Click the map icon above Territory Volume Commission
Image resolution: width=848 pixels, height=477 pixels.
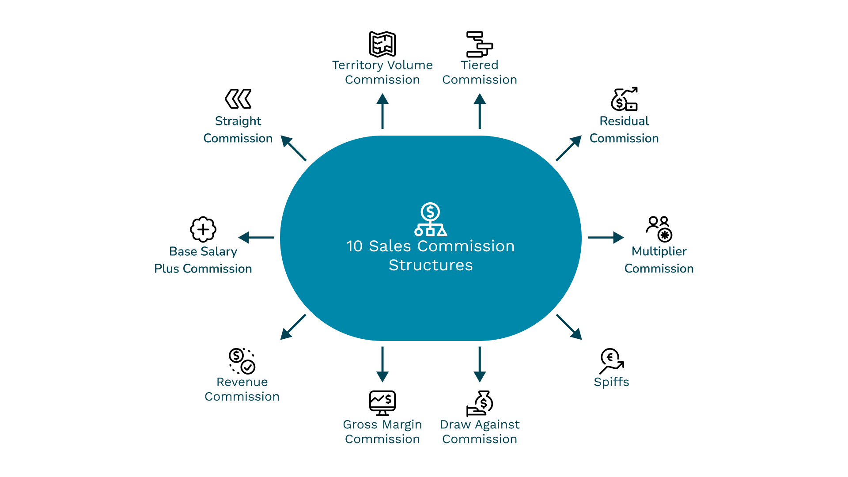pyautogui.click(x=382, y=44)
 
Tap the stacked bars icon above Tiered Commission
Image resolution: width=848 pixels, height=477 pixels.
pyautogui.click(x=480, y=44)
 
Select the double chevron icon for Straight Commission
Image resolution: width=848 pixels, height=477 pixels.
pyautogui.click(x=238, y=98)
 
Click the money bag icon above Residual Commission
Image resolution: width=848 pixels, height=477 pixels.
pyautogui.click(x=624, y=99)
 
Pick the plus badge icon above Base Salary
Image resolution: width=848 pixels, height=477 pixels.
pyautogui.click(x=203, y=229)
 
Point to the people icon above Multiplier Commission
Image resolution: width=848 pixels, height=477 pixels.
pyautogui.click(x=659, y=229)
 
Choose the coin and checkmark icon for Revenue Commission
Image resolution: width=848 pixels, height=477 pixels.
pyautogui.click(x=242, y=361)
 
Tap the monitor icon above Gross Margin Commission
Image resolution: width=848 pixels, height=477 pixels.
pyautogui.click(x=382, y=403)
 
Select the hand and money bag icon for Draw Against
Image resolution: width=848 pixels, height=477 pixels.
pyautogui.click(x=480, y=403)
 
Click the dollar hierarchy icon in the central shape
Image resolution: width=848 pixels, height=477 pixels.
pyautogui.click(x=431, y=219)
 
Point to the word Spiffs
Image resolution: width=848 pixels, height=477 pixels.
pyautogui.click(x=612, y=382)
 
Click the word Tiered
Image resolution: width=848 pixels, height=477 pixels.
pyautogui.click(x=480, y=65)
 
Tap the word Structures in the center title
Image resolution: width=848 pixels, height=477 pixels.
pyautogui.click(x=431, y=265)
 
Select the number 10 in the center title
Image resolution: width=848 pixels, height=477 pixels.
pyautogui.click(x=354, y=246)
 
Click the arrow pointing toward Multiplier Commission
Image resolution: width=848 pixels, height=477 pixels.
pyautogui.click(x=606, y=238)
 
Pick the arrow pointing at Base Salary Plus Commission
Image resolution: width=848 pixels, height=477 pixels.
pyautogui.click(x=256, y=238)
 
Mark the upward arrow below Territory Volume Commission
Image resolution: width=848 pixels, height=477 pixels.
pyautogui.click(x=382, y=111)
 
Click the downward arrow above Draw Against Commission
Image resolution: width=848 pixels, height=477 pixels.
pyautogui.click(x=480, y=364)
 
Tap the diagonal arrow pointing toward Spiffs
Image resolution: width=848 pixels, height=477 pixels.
pyautogui.click(x=569, y=327)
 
